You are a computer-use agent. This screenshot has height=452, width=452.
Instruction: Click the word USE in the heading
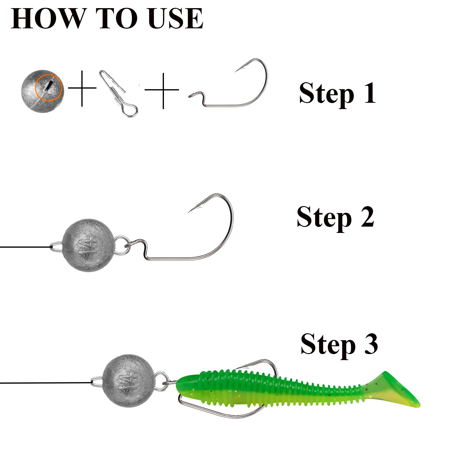(176, 19)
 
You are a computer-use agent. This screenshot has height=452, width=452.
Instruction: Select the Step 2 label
(335, 218)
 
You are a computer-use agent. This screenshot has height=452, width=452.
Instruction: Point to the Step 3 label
(339, 345)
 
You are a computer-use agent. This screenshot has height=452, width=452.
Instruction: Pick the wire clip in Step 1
(118, 93)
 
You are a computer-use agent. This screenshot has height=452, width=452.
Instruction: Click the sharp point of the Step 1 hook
(235, 72)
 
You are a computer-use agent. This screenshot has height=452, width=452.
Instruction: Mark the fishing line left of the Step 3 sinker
(46, 383)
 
